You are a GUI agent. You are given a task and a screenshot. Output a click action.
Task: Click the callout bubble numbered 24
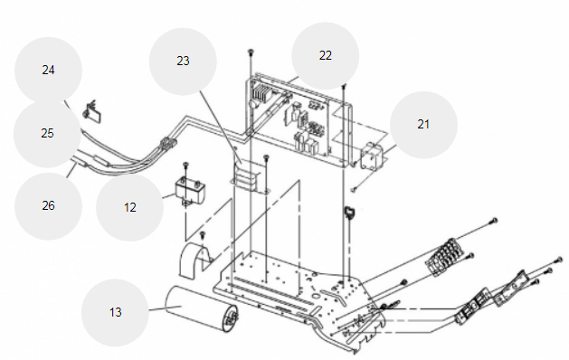click(x=48, y=71)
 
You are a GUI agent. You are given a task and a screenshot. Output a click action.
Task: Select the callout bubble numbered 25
click(x=47, y=134)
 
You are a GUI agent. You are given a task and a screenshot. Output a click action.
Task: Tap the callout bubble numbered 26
click(x=48, y=206)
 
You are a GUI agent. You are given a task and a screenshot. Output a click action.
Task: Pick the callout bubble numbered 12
click(x=130, y=207)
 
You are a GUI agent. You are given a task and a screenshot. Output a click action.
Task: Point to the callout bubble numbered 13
click(x=115, y=312)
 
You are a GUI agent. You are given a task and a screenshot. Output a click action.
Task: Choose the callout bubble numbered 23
click(x=183, y=62)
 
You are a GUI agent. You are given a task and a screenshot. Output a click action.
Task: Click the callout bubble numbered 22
click(x=326, y=55)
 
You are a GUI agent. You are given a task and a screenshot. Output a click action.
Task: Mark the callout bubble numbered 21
click(x=423, y=125)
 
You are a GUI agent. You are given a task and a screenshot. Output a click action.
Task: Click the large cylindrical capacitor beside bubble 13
click(x=201, y=308)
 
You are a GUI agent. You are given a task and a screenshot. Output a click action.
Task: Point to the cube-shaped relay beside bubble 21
click(x=371, y=156)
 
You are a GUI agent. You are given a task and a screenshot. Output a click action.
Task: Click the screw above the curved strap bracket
click(x=204, y=235)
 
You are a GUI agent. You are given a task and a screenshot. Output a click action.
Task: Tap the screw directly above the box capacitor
click(x=185, y=165)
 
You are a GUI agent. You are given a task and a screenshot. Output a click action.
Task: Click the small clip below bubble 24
click(x=93, y=112)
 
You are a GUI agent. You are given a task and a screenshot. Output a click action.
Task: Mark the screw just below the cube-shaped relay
click(x=354, y=189)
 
